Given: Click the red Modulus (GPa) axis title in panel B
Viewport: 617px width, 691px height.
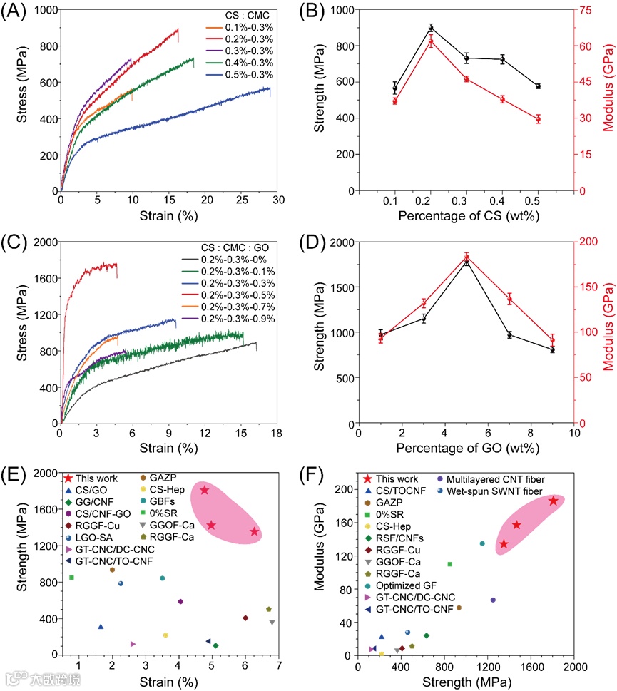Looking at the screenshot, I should point(608,101).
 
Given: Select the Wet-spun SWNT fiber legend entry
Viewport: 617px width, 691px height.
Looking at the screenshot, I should point(495,491).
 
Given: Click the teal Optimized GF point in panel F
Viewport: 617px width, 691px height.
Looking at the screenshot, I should point(482,543).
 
